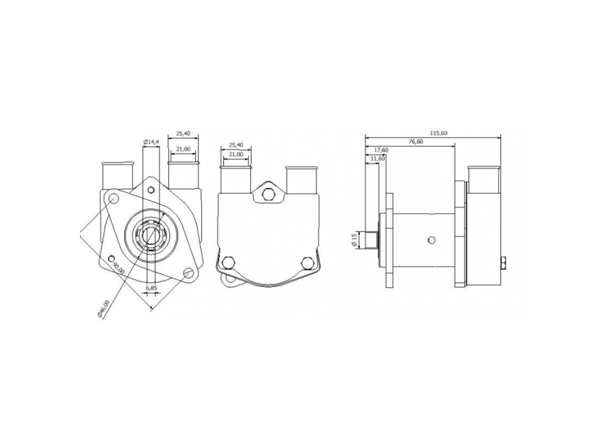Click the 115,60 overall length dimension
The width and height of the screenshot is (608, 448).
438,133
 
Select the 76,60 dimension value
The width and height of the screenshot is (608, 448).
415,141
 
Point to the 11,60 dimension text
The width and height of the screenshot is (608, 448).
378,158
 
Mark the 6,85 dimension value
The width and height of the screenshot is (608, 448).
152,289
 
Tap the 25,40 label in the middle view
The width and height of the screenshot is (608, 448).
236,145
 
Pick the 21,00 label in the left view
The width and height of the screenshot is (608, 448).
183,148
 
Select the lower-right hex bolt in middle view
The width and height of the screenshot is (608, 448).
307,262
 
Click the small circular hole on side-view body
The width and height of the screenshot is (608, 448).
432,240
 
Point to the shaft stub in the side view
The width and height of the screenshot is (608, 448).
371,240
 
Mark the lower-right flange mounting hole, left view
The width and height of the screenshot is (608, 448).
188,273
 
